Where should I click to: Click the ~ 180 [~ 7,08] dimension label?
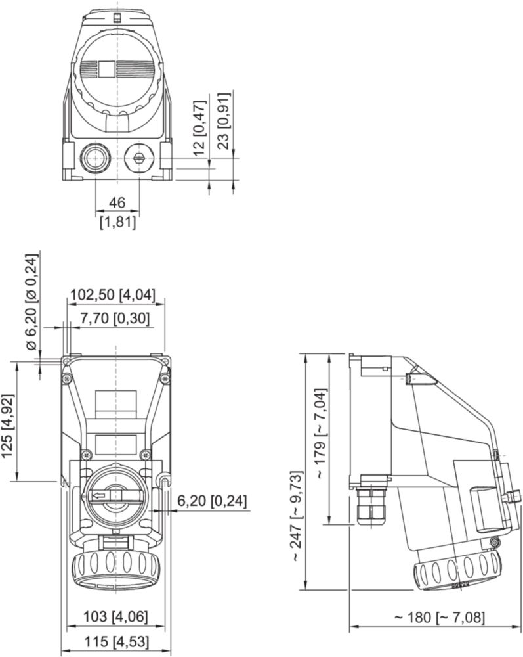(439, 618)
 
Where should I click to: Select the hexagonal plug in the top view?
(138, 158)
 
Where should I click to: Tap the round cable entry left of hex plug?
(94, 158)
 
